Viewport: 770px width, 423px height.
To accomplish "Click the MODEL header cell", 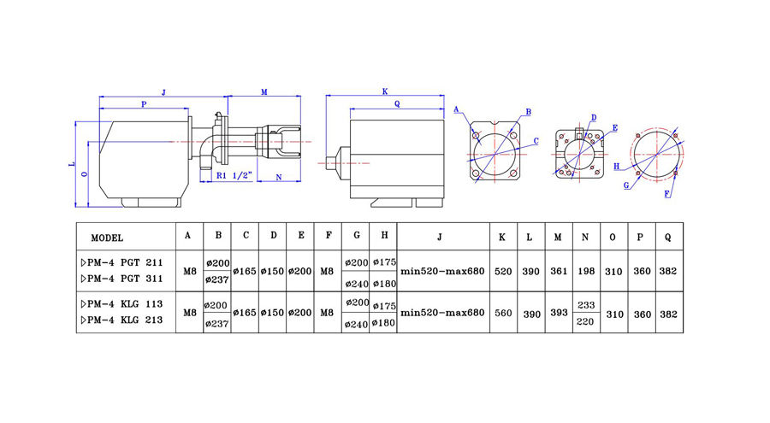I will (107, 238).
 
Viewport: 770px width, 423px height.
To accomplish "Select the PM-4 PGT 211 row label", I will (120, 262).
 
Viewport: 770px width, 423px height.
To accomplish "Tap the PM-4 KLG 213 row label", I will (120, 320).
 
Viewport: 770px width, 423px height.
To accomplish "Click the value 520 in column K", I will (503, 271).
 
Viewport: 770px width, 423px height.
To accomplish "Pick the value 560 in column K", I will (503, 313).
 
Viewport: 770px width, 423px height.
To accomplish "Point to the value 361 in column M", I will (557, 271).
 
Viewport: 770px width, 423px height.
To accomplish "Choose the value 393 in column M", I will (557, 313).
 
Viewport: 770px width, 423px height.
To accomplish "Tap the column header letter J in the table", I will (442, 237).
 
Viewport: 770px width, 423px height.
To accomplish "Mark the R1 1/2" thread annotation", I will (233, 177).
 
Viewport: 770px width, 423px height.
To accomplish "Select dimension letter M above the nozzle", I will (264, 91).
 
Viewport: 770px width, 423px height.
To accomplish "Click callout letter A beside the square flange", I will (457, 109).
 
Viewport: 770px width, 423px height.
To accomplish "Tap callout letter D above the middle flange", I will (593, 117).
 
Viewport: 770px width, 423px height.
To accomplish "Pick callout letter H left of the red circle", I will (616, 167).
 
